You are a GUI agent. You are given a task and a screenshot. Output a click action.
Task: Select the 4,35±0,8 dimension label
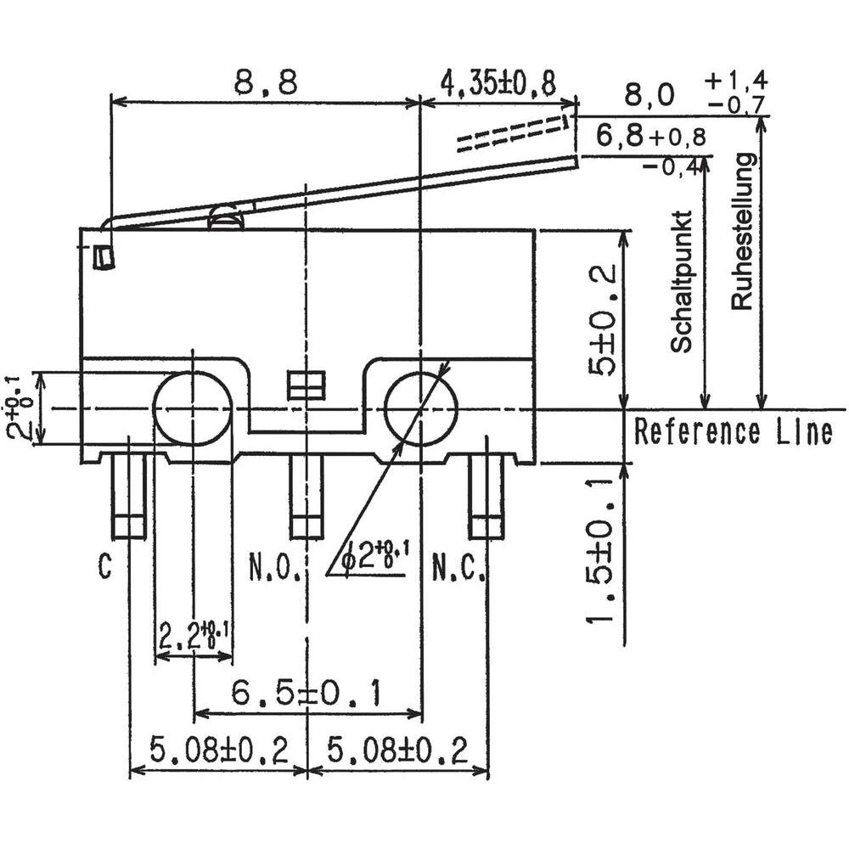click(x=498, y=82)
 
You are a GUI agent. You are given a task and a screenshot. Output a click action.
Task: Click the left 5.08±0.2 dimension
click(x=219, y=751)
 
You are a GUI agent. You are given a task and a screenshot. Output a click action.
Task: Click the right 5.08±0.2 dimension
click(x=397, y=751)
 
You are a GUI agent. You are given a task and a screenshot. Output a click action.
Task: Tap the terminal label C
click(x=104, y=566)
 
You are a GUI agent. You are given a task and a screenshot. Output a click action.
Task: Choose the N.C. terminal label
click(x=459, y=566)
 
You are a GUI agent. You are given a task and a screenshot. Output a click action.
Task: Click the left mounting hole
click(x=193, y=408)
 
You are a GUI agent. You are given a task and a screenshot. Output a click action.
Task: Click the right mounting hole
click(x=421, y=408)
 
